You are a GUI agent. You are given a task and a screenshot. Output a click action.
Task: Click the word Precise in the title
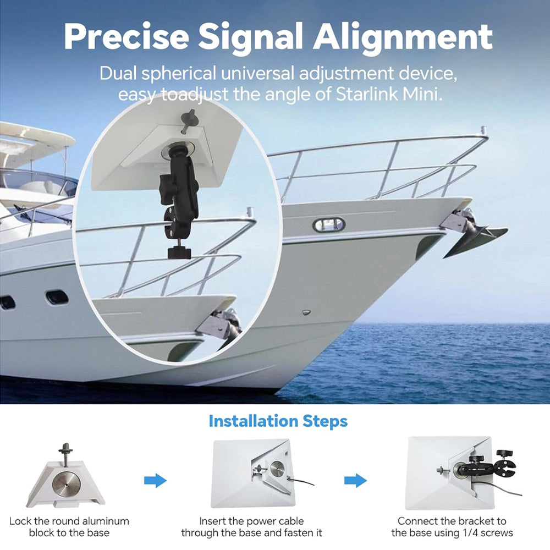click(x=127, y=36)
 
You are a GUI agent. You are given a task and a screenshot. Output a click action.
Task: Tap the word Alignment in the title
click(x=403, y=37)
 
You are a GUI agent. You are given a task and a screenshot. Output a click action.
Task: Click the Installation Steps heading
click(x=278, y=421)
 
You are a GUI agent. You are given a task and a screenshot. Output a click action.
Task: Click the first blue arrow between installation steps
click(x=155, y=480)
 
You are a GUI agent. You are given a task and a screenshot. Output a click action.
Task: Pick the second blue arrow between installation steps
click(x=355, y=480)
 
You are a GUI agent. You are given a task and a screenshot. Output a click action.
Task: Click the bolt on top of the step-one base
click(x=65, y=454)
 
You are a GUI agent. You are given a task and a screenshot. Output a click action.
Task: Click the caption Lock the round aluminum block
click(x=69, y=527)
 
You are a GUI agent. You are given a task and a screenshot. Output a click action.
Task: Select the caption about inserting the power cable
click(x=251, y=527)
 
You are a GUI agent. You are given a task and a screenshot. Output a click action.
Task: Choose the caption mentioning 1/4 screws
click(x=452, y=527)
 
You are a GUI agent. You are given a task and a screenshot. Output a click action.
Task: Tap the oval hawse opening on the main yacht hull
click(x=329, y=224)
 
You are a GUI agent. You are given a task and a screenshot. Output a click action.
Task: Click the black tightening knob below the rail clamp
click(x=179, y=252)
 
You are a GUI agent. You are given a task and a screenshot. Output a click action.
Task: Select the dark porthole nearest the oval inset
click(x=57, y=298)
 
